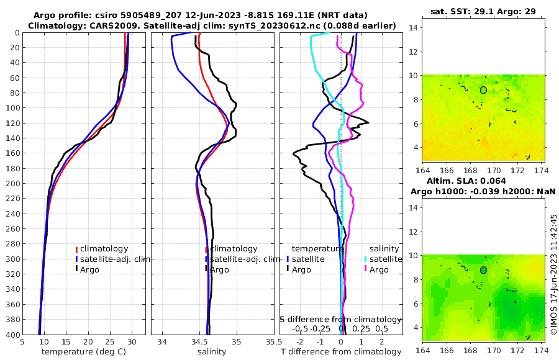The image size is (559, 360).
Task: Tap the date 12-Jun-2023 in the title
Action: click(228, 15)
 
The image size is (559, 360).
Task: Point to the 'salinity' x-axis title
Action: click(212, 352)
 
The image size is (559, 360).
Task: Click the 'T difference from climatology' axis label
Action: click(341, 352)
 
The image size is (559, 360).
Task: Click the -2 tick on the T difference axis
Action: click(300, 341)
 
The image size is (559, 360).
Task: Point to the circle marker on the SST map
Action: click(483, 90)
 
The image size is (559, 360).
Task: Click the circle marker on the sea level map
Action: click(483, 270)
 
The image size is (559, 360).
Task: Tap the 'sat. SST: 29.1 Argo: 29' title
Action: click(483, 11)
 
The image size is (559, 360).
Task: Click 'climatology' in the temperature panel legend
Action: click(104, 249)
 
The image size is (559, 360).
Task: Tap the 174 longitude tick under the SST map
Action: click(542, 169)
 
